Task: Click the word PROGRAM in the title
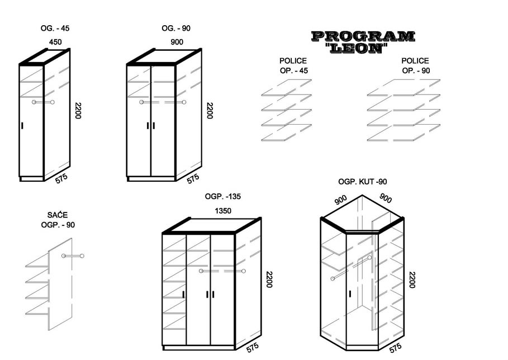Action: tap(363, 37)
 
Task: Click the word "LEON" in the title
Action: tap(356, 48)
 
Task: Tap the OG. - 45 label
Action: tap(55, 28)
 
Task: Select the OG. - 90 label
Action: tap(176, 28)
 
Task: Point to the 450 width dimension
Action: tap(55, 41)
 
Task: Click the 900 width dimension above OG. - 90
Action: tap(177, 41)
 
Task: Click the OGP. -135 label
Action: tap(223, 197)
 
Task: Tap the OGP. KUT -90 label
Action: tap(363, 182)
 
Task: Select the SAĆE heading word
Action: tap(58, 215)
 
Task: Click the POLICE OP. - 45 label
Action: tap(293, 65)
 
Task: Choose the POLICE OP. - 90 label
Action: tap(415, 65)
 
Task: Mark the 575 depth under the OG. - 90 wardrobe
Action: tap(192, 179)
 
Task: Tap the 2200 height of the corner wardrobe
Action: tap(412, 280)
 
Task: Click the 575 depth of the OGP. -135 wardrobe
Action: tap(253, 348)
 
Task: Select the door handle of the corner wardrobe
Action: tap(349, 293)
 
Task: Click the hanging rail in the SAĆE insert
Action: tap(73, 256)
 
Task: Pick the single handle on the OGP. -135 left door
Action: tap(183, 295)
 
